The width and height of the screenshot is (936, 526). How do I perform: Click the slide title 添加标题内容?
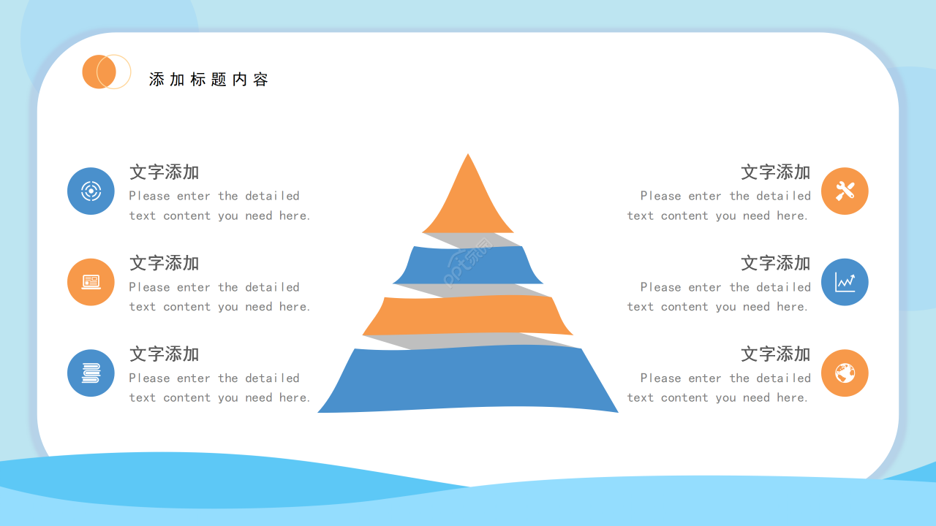[x=208, y=80]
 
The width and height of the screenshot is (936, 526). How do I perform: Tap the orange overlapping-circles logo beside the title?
[x=107, y=72]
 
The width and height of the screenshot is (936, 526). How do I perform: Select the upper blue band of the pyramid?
[x=468, y=265]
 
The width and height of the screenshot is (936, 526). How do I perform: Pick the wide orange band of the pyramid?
[x=467, y=315]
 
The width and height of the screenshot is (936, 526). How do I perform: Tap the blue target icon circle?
[x=91, y=191]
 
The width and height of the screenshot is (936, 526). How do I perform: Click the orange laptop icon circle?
[x=91, y=282]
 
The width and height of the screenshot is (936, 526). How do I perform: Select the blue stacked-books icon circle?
[x=91, y=373]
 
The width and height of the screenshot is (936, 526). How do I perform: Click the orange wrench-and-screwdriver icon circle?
[x=845, y=191]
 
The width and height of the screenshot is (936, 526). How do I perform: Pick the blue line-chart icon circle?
[x=845, y=282]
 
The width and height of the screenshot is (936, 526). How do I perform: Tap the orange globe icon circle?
[x=845, y=373]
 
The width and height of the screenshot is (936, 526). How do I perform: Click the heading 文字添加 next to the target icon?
[x=165, y=172]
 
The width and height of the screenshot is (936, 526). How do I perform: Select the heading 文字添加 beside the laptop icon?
[x=165, y=263]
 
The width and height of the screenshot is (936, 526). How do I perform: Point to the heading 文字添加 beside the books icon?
[x=165, y=354]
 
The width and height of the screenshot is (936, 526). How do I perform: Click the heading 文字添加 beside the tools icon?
[x=776, y=172]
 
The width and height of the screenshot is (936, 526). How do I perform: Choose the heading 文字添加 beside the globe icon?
[x=776, y=354]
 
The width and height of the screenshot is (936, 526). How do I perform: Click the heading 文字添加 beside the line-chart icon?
[x=776, y=263]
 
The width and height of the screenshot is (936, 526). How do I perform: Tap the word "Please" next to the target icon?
[x=149, y=196]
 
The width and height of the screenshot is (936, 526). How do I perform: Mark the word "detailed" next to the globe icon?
[x=783, y=378]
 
